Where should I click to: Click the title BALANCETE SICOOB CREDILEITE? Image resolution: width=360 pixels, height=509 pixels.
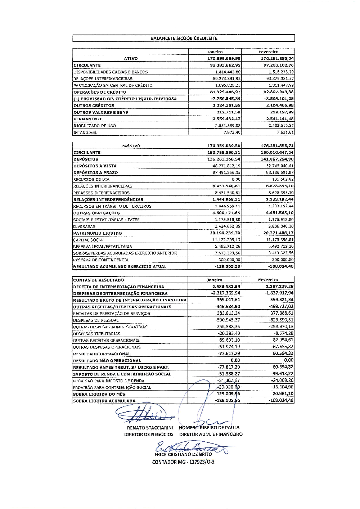coord(184,38)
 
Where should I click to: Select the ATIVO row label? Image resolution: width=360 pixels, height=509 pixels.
coord(131,58)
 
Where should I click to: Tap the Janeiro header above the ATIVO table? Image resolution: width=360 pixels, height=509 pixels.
coord(215,52)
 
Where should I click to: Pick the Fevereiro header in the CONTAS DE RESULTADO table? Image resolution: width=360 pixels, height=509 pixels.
coord(268,280)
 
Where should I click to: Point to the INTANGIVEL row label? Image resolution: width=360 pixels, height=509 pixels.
coord(85,132)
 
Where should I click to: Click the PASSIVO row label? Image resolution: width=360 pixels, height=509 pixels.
coord(131,146)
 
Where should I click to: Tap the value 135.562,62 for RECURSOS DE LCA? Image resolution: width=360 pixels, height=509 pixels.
coord(280,179)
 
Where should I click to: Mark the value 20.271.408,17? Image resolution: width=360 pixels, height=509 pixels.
coord(277,233)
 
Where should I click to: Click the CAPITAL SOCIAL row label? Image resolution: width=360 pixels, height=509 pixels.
coord(89,240)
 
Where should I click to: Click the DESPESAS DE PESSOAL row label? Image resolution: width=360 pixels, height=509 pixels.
coord(96,320)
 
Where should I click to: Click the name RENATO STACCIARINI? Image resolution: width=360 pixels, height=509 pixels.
coord(150,428)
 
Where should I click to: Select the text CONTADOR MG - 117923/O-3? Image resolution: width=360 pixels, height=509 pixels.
coord(183,462)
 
